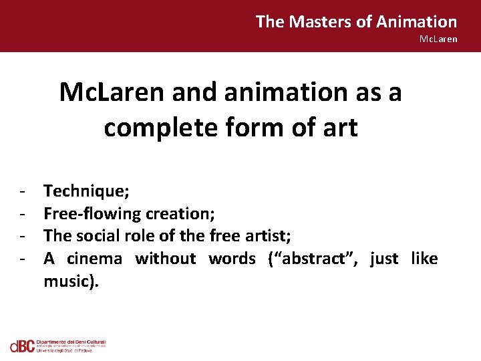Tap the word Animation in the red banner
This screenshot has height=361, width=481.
(x=417, y=22)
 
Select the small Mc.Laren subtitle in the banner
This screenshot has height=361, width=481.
(x=438, y=39)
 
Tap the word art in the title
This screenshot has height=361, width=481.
(x=340, y=126)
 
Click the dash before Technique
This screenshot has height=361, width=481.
(x=23, y=192)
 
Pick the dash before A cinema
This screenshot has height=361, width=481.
(x=23, y=258)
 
